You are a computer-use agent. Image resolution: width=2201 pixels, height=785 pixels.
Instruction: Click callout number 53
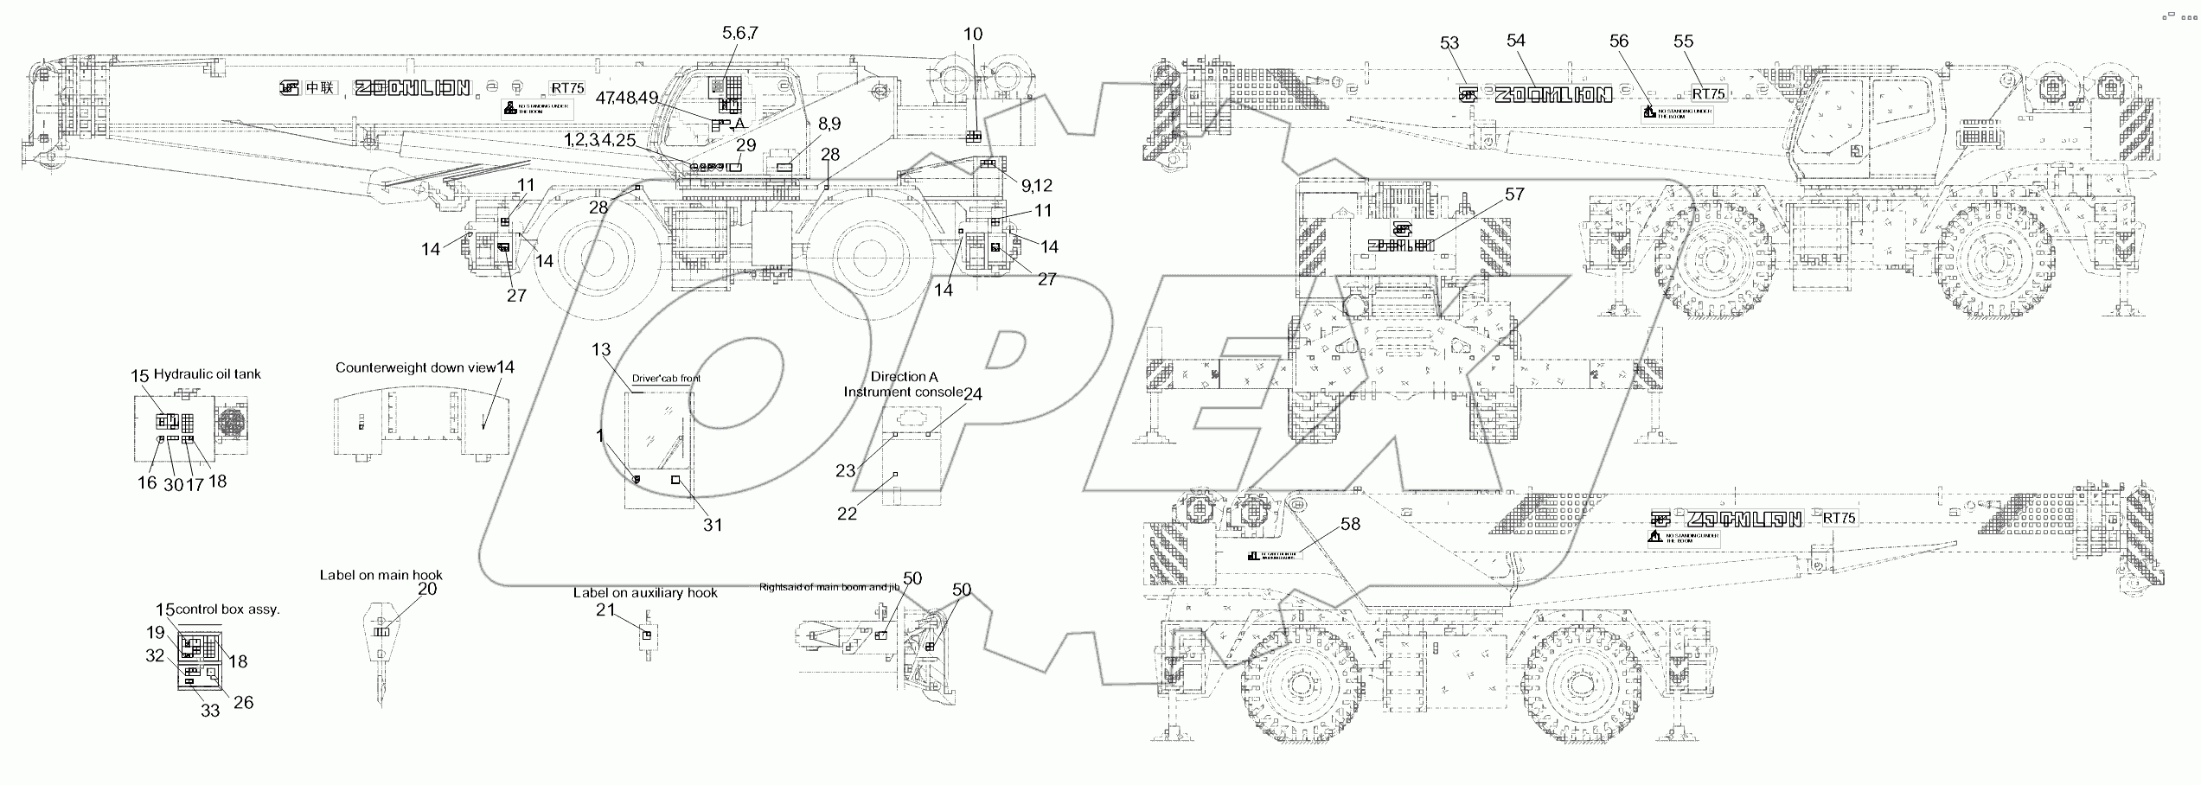pos(1449,44)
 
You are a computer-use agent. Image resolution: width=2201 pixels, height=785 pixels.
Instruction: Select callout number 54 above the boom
pos(1516,41)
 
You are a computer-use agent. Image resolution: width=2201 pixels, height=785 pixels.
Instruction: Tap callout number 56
pos(1618,41)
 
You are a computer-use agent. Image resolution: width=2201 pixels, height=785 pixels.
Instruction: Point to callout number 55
pos(1683,41)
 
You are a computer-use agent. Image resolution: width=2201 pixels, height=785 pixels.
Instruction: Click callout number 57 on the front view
pos(1514,195)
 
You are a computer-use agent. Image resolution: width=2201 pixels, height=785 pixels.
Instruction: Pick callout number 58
pos(1350,524)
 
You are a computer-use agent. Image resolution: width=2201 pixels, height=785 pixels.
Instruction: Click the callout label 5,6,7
pos(740,33)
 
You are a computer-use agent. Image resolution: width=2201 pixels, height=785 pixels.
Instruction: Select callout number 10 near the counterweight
pos(973,35)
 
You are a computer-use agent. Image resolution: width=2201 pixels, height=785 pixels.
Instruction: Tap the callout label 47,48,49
pos(638,98)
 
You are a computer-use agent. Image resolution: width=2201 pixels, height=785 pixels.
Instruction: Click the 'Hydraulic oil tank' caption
pos(207,374)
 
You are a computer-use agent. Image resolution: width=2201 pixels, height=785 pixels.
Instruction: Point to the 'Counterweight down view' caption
pos(415,367)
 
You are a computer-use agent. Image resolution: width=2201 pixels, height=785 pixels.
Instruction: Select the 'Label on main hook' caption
pos(381,575)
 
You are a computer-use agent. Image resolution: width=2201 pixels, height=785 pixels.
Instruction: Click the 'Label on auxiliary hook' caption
pos(645,593)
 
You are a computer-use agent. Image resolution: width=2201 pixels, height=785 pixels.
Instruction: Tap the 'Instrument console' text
pos(903,392)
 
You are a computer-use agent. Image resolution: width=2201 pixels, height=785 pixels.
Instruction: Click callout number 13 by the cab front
pos(601,349)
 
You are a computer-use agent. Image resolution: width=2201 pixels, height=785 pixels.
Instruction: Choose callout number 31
pos(712,525)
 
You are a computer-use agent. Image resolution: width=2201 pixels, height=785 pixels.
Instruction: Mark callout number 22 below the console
pos(847,514)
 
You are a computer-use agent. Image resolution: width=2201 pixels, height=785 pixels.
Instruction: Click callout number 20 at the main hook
pos(427,589)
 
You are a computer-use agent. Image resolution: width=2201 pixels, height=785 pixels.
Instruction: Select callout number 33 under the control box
pos(210,711)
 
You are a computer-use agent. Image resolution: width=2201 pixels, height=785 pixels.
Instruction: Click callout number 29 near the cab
pos(745,145)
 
